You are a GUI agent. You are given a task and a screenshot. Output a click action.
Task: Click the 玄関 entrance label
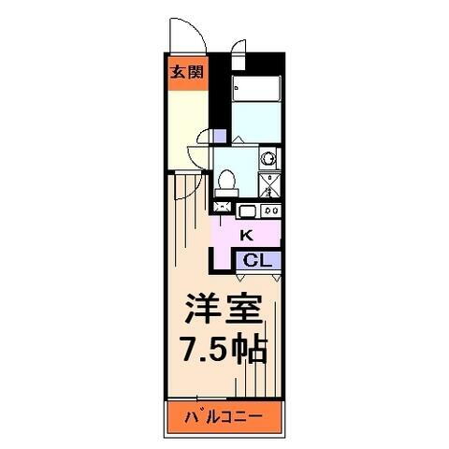pyautogui.click(x=187, y=72)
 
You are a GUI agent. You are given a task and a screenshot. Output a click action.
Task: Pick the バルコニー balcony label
pyautogui.click(x=223, y=415)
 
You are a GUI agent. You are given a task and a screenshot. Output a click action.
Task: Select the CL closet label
pyautogui.click(x=258, y=260)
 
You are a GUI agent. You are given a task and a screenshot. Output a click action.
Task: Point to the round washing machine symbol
pyautogui.click(x=268, y=158)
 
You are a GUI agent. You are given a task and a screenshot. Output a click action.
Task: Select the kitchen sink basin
pyautogui.click(x=247, y=210)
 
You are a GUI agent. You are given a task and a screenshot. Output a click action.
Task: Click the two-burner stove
pyautogui.click(x=269, y=210)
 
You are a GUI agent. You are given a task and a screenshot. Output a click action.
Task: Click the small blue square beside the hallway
pyautogui.click(x=218, y=137)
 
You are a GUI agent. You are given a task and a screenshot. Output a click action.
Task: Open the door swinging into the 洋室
pyautogui.click(x=187, y=182)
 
